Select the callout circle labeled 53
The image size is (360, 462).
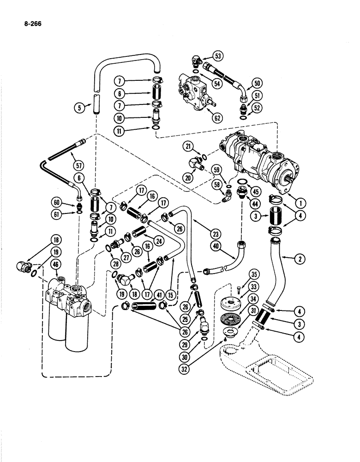(217, 56)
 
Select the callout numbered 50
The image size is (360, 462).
(258, 84)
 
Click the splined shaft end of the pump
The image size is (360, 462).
(289, 178)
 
